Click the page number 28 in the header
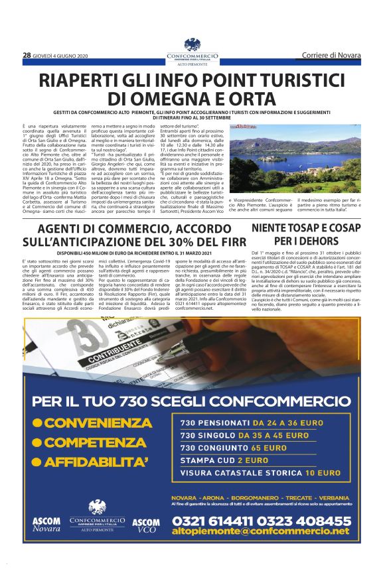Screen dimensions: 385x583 27,55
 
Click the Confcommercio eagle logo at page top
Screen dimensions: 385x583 192,44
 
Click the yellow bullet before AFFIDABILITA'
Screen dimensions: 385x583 38,461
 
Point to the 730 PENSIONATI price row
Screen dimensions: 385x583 247,422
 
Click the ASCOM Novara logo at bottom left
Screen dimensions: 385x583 46,525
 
